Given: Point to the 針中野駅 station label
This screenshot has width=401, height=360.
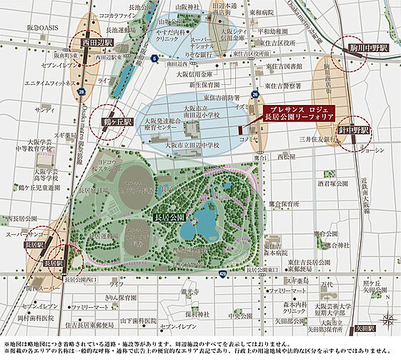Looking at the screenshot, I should coord(355,131).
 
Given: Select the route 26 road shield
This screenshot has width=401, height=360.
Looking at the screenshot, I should coord(254,94).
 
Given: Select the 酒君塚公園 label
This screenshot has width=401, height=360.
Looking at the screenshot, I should coord(315,183).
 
